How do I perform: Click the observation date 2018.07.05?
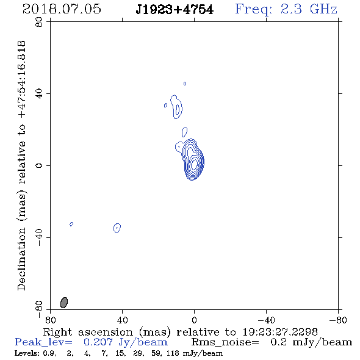click(x=62, y=9)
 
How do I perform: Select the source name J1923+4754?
click(x=175, y=10)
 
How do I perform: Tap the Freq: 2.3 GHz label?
click(x=286, y=9)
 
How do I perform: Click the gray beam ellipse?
click(x=64, y=303)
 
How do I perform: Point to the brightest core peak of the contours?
click(x=194, y=164)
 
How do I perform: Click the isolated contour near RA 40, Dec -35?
click(x=117, y=228)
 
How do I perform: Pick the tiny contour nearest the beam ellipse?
click(x=71, y=224)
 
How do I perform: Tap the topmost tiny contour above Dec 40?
click(x=185, y=84)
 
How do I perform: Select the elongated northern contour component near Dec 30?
click(x=176, y=107)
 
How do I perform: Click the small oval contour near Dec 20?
click(x=184, y=132)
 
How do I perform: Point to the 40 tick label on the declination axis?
click(x=39, y=94)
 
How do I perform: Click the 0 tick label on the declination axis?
click(x=39, y=165)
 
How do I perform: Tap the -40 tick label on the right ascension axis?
click(x=266, y=320)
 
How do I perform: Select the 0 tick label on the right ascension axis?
click(x=194, y=320)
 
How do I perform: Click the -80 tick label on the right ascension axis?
click(x=338, y=320)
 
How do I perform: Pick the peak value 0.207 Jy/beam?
click(x=126, y=342)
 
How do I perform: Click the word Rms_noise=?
click(x=225, y=342)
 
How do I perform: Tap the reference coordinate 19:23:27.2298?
click(x=280, y=332)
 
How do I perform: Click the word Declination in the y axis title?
click(x=21, y=259)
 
